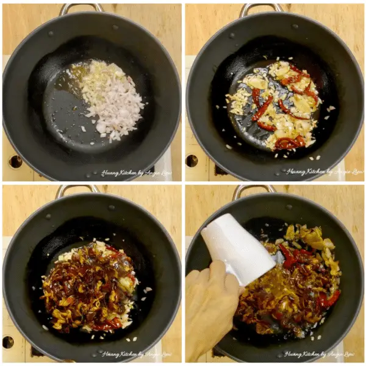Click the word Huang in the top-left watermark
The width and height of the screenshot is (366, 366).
coord(110,173)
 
